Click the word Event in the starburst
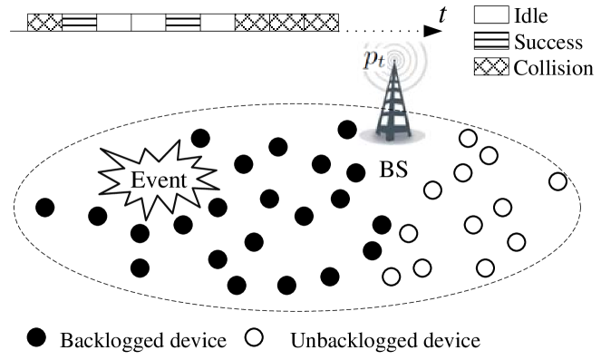[x=159, y=180]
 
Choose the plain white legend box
[x=491, y=15]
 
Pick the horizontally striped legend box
[x=491, y=41]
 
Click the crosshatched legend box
[x=491, y=66]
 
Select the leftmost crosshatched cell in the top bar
[x=45, y=22]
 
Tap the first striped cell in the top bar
[x=80, y=22]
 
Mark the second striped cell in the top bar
[x=183, y=22]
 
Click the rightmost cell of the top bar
[x=321, y=22]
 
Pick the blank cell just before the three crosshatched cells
[x=218, y=22]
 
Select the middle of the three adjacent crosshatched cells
[x=286, y=22]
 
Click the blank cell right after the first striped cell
[x=114, y=22]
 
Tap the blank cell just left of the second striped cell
[x=149, y=22]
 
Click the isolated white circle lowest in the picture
[x=254, y=337]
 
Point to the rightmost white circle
[x=557, y=181]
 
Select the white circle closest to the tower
[x=468, y=138]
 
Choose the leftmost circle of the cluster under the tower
[x=392, y=277]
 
